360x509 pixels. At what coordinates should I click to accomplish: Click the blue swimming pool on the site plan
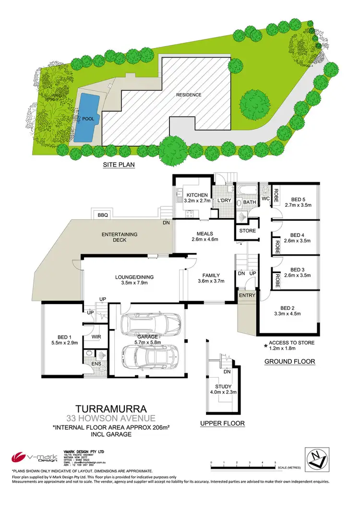tap(87, 118)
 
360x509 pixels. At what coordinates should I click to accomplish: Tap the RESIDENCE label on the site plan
tap(189, 95)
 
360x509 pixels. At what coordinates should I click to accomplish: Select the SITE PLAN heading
tap(119, 165)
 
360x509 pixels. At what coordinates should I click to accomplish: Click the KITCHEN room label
tap(197, 195)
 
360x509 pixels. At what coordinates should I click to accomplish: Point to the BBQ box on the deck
tap(102, 214)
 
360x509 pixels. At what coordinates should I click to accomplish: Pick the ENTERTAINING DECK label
tap(120, 237)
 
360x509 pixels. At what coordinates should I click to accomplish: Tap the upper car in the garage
tap(150, 326)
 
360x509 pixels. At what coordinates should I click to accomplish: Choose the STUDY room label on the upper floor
tap(224, 386)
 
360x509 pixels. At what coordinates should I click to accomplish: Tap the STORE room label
tap(247, 231)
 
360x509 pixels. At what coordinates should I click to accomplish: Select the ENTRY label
tap(247, 295)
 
